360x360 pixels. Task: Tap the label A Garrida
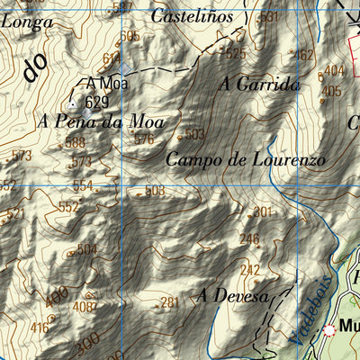(259, 85)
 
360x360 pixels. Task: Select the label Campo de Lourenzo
(246, 160)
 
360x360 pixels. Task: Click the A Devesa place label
(234, 295)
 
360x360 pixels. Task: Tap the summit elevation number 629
(96, 102)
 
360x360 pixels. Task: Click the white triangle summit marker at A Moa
(73, 102)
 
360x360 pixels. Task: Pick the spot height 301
(261, 212)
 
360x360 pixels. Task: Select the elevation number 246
(248, 239)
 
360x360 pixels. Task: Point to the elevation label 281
(169, 302)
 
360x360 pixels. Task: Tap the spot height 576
(144, 139)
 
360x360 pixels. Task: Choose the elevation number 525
(235, 54)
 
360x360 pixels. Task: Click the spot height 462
(304, 55)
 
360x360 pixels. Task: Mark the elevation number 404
(334, 70)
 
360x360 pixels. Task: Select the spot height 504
(86, 249)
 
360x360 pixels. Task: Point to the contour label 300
(87, 345)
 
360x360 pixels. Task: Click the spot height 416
(40, 328)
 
